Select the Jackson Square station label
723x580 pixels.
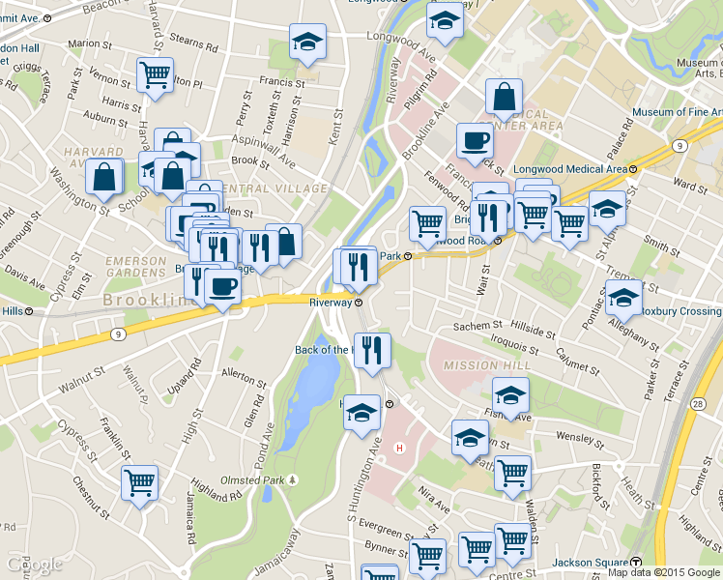[590, 564]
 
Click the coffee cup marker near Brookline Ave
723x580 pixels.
[474, 140]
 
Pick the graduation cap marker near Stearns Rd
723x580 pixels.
[307, 42]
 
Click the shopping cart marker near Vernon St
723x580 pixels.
[155, 74]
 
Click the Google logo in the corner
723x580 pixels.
[34, 565]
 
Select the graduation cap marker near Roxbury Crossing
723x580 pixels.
[623, 299]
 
